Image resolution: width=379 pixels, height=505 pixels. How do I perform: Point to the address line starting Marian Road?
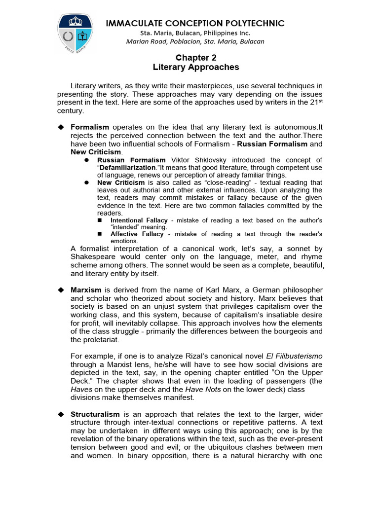(x=195, y=41)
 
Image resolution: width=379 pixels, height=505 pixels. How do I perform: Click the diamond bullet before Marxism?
(x=62, y=289)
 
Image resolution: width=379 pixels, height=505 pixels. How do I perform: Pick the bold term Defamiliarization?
(x=125, y=168)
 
